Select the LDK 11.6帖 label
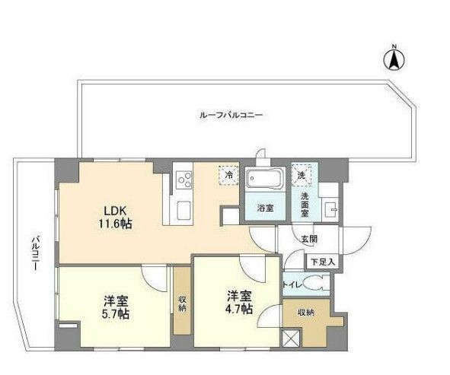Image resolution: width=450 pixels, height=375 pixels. click(x=112, y=215)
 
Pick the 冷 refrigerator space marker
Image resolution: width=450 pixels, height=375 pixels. click(x=228, y=175)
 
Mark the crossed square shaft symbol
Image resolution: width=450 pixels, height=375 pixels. click(x=290, y=340)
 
